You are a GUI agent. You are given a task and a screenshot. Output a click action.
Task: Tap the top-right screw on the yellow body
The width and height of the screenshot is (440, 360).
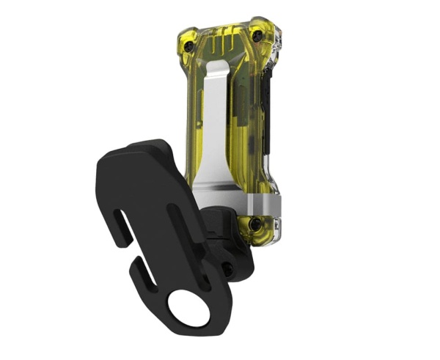pos(257,34)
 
